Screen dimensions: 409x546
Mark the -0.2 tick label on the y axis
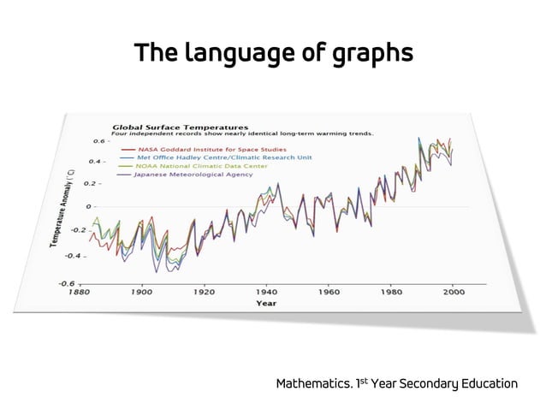(x=79, y=229)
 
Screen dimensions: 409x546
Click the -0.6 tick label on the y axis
(x=66, y=282)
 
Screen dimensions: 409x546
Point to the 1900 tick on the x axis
(x=142, y=292)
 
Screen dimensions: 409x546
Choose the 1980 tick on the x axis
(x=391, y=292)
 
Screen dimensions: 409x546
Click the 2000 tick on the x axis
(x=454, y=292)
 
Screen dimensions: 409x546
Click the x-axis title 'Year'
(x=266, y=303)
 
